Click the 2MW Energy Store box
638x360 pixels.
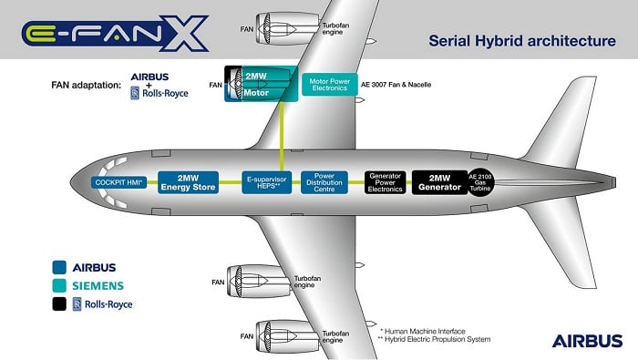click(189, 182)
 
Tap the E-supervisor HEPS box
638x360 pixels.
click(266, 182)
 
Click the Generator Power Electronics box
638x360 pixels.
click(386, 182)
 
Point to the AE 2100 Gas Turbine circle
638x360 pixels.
click(481, 182)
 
